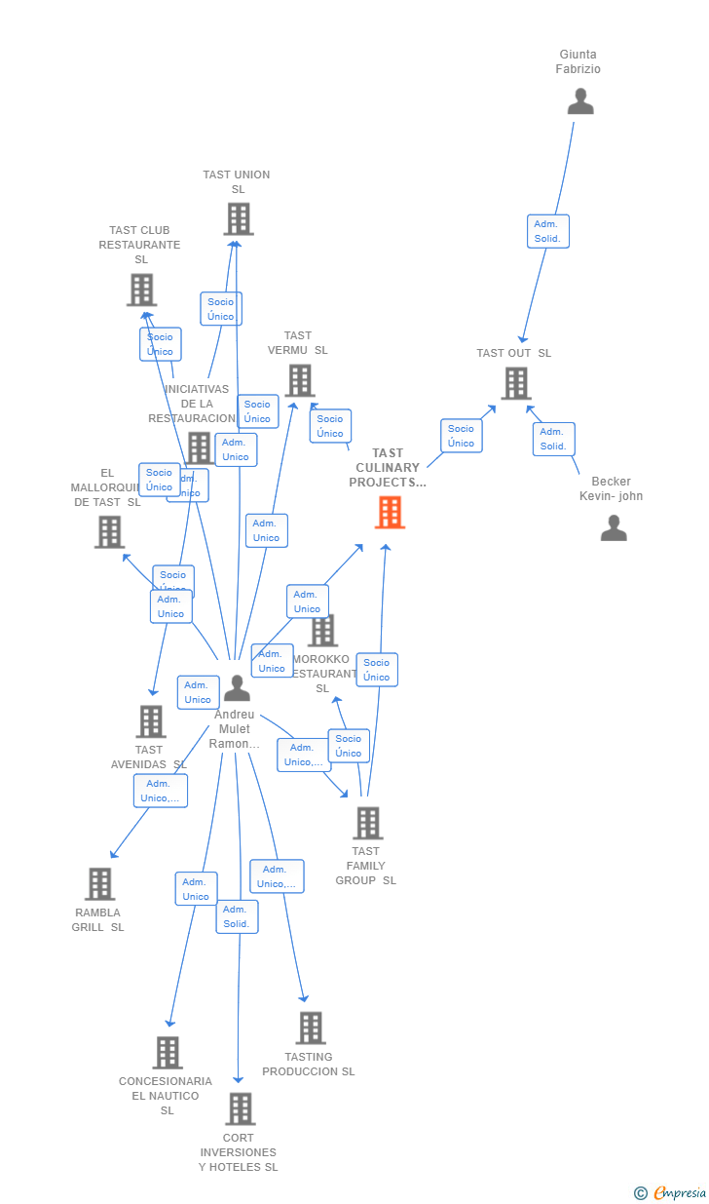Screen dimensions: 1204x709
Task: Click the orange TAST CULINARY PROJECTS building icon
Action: click(x=390, y=512)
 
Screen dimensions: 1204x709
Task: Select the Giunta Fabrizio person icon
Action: click(x=580, y=101)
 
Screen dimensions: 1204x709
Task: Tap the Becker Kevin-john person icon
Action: click(x=614, y=527)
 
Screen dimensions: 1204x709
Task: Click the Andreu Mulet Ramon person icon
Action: click(x=237, y=688)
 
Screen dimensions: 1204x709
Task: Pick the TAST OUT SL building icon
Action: click(x=516, y=383)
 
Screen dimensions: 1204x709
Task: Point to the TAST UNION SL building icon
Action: click(x=239, y=219)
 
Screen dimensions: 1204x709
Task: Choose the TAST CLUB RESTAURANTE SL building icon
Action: click(x=141, y=290)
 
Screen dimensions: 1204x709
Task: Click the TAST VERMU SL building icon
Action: click(x=300, y=380)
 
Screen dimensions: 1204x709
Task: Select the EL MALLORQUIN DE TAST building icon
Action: click(x=109, y=531)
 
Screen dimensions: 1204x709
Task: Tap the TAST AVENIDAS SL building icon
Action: click(x=151, y=721)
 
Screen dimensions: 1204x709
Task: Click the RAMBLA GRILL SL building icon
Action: click(x=99, y=884)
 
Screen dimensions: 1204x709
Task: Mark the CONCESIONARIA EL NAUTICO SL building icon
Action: click(x=168, y=1053)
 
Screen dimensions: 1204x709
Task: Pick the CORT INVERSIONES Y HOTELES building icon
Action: click(x=240, y=1108)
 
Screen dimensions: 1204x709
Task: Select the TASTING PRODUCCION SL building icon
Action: click(x=310, y=1028)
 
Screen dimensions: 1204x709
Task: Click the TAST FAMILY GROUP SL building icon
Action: click(x=367, y=823)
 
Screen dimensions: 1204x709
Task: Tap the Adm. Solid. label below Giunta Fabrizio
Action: click(x=548, y=231)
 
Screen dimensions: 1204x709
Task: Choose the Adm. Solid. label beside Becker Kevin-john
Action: click(x=553, y=439)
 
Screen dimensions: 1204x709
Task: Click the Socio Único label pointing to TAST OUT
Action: click(x=461, y=436)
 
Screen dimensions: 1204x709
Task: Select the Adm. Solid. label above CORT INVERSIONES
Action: click(x=237, y=916)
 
